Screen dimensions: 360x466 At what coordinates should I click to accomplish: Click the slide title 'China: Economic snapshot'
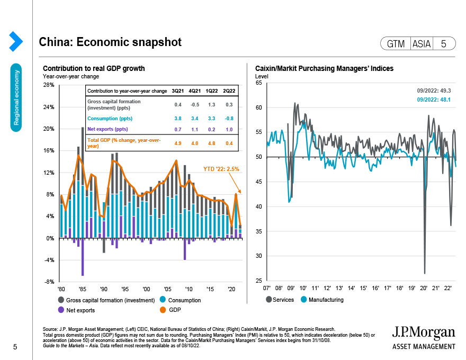click(110, 42)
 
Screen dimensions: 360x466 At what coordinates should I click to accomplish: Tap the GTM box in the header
click(395, 44)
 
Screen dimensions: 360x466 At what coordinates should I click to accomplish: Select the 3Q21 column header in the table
click(177, 91)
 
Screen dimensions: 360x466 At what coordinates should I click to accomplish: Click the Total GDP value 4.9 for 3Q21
click(177, 142)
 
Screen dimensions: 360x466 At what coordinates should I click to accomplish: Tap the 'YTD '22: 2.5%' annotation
click(221, 169)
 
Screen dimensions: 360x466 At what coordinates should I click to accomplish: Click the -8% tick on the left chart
click(49, 282)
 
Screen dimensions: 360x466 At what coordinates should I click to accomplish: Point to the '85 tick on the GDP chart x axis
click(82, 290)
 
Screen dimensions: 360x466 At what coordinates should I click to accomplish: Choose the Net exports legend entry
click(76, 309)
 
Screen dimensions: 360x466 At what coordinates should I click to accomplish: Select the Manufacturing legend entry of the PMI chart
click(324, 300)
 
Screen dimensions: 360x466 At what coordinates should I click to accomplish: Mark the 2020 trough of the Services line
click(425, 273)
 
